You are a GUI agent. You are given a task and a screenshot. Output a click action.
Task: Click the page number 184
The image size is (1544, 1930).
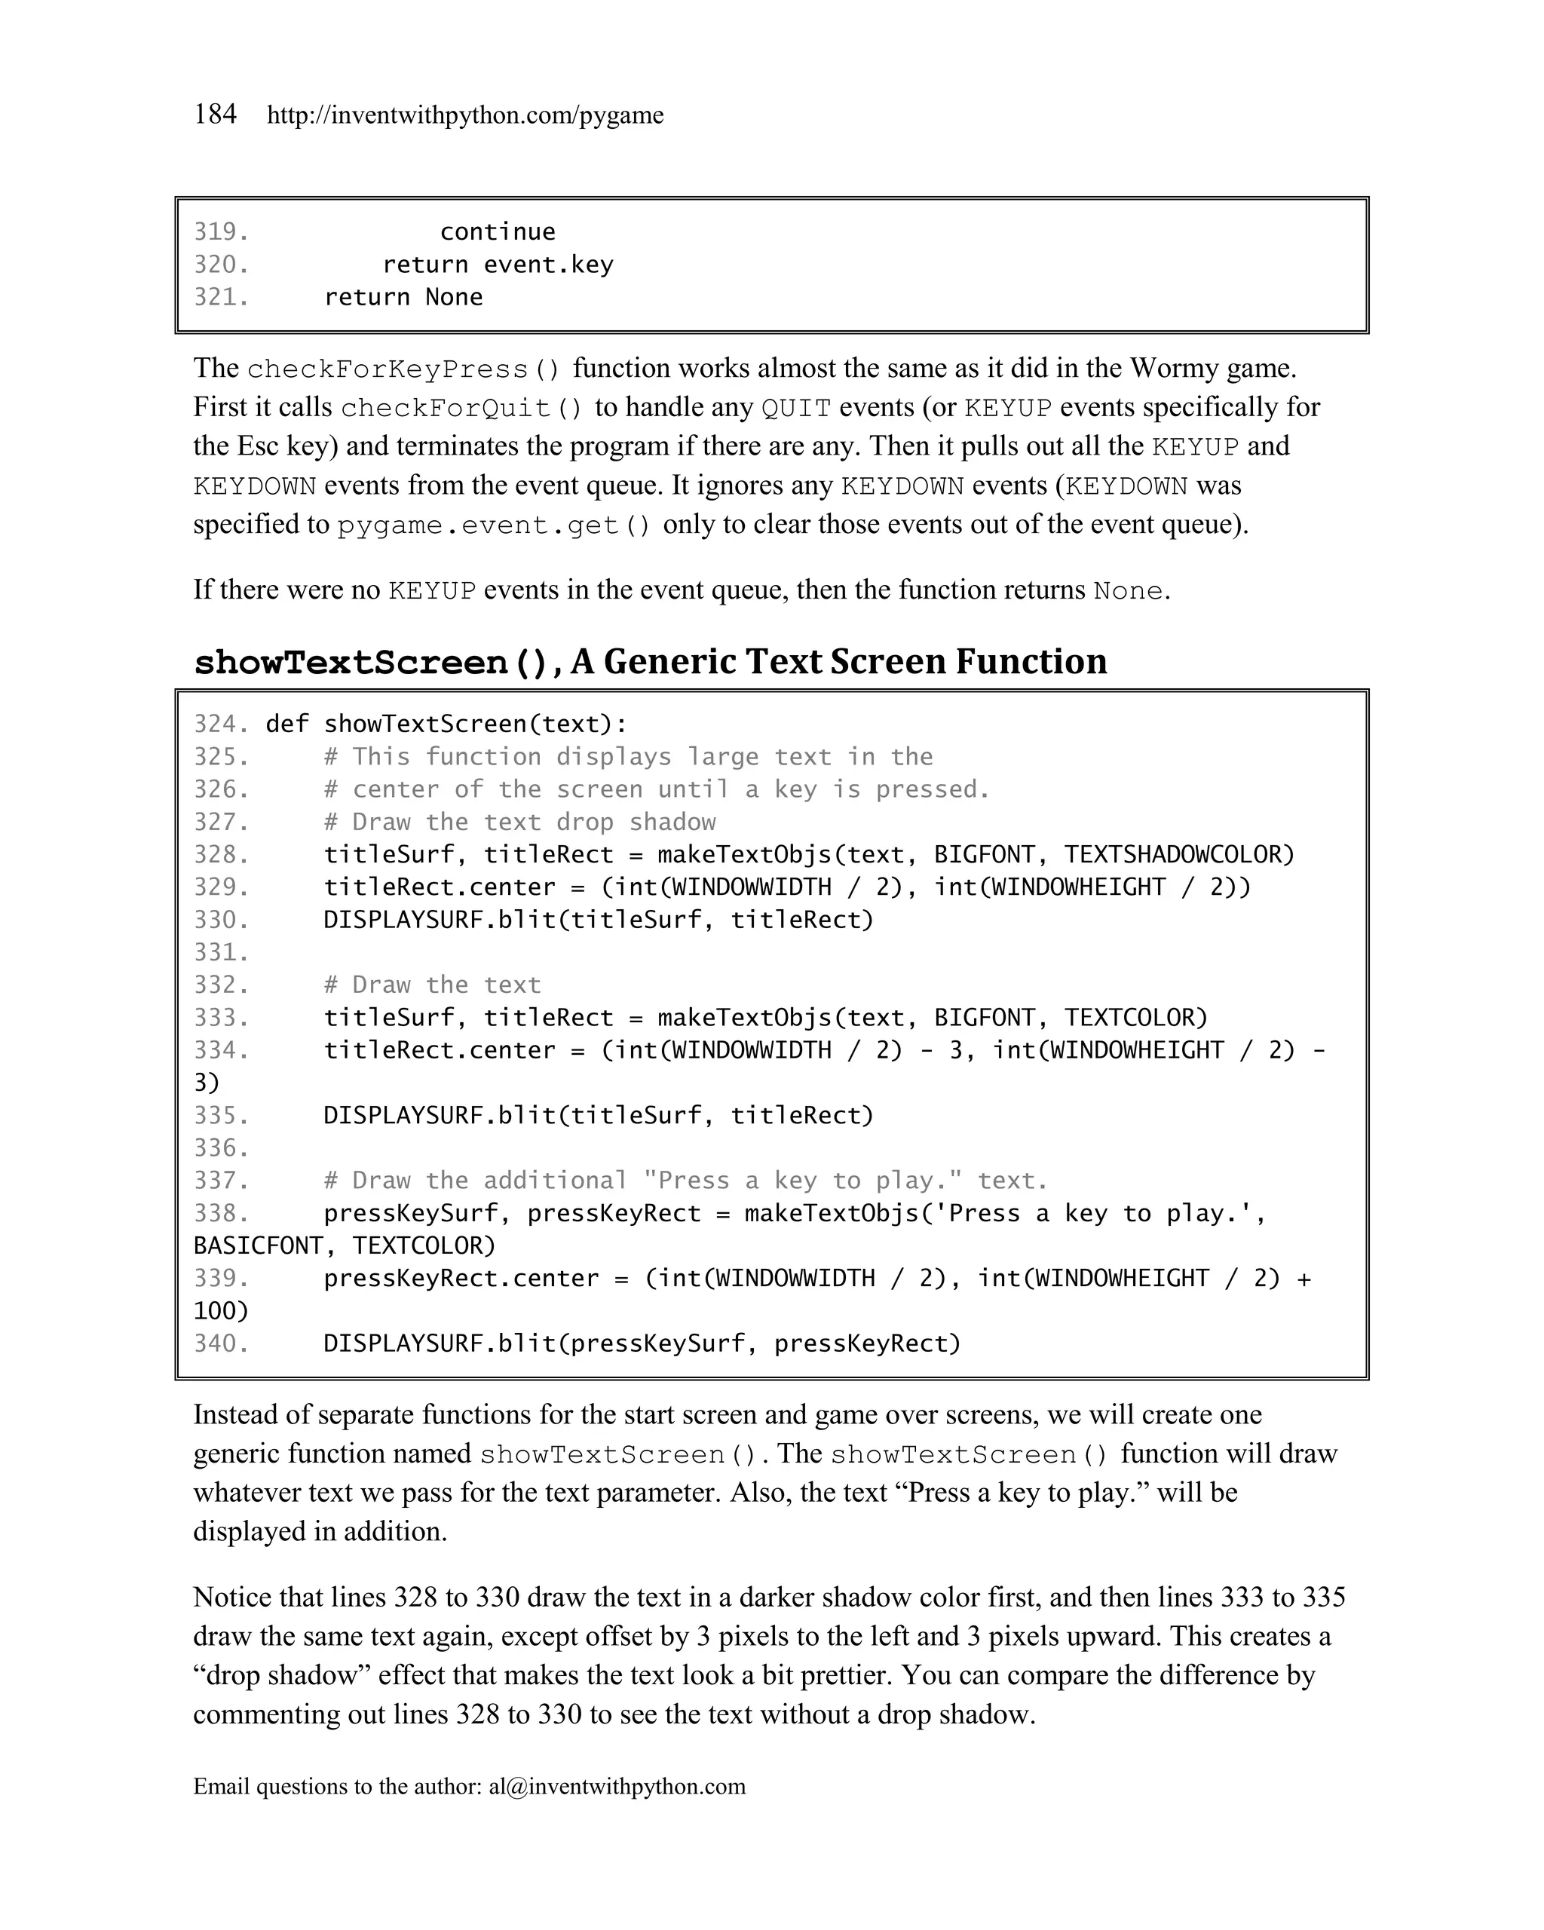[x=215, y=115]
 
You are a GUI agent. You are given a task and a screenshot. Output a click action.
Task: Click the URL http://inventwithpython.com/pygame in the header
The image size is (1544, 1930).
[x=464, y=115]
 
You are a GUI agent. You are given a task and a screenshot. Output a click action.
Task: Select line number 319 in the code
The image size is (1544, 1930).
[x=220, y=232]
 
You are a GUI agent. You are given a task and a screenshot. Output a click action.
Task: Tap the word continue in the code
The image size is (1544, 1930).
[x=497, y=232]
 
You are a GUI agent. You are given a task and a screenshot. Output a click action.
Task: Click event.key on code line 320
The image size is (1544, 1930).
[x=548, y=265]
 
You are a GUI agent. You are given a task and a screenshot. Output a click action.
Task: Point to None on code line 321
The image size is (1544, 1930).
[x=454, y=297]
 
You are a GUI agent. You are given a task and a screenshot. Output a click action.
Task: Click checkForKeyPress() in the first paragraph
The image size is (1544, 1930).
[x=403, y=369]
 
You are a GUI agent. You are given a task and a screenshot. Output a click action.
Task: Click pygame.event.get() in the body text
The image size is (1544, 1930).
[x=494, y=525]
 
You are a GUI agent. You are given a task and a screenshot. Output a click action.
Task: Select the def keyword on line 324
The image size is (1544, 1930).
[x=287, y=725]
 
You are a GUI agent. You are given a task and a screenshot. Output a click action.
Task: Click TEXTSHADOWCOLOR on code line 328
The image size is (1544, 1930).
[x=1179, y=855]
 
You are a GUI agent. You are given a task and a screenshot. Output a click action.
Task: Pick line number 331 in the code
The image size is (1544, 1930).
[x=220, y=952]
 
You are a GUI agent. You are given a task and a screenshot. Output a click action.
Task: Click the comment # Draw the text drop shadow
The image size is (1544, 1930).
[x=519, y=823]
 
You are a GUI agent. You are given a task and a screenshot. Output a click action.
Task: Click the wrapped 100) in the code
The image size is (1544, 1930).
[x=221, y=1312]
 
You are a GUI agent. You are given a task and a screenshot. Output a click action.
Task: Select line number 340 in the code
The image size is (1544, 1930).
[x=220, y=1343]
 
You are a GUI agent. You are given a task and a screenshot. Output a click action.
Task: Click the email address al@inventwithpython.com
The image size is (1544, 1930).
[x=617, y=1787]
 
